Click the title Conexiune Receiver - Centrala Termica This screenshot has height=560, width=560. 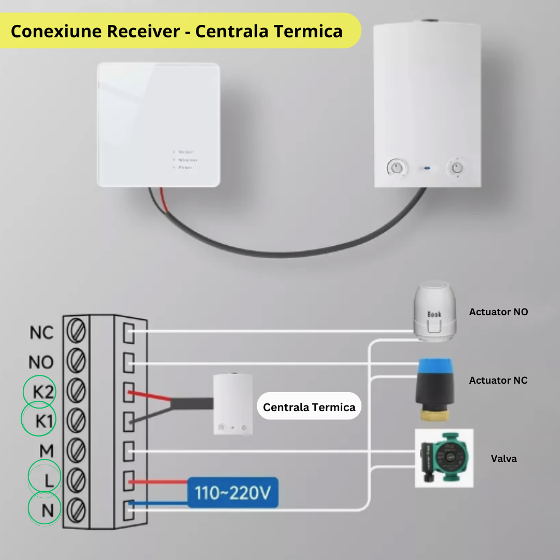tap(176, 31)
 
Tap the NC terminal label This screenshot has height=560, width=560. tap(41, 332)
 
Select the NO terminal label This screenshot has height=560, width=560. tap(41, 361)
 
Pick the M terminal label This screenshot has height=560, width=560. tap(47, 451)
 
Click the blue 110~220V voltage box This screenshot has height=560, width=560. tap(233, 493)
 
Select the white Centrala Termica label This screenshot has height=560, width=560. tap(309, 407)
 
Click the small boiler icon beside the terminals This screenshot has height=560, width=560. tap(233, 404)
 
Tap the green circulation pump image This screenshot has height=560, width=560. tap(444, 458)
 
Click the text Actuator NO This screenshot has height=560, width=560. tap(498, 312)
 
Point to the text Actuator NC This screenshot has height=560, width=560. tap(498, 380)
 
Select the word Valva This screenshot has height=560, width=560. tap(503, 458)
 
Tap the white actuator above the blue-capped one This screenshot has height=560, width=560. tap(435, 311)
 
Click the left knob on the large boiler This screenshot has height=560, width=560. tap(397, 167)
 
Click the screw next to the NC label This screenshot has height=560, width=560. tap(77, 332)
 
